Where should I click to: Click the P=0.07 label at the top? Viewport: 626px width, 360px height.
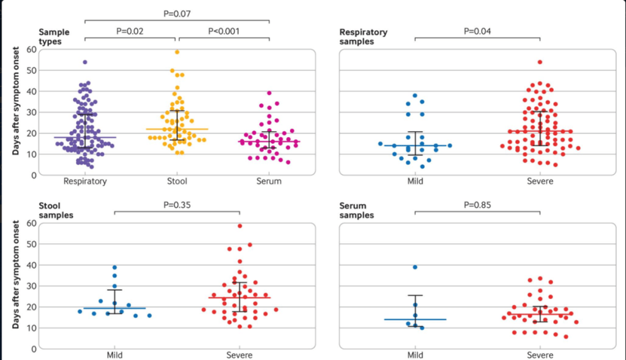pyautogui.click(x=177, y=12)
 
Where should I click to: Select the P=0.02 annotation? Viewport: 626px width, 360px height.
pyautogui.click(x=130, y=31)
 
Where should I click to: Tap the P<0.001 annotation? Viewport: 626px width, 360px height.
pyautogui.click(x=224, y=31)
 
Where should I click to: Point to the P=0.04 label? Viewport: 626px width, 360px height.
pyautogui.click(x=477, y=31)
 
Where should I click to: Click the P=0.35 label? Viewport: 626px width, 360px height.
pyautogui.click(x=177, y=205)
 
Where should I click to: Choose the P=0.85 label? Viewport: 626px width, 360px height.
pyautogui.click(x=477, y=205)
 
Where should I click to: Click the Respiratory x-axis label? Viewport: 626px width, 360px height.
pyautogui.click(x=85, y=181)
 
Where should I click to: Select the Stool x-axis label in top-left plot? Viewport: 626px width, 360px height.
pyautogui.click(x=177, y=181)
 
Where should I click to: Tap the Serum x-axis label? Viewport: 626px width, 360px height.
pyautogui.click(x=269, y=181)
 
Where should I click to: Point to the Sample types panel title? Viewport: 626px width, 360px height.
pyautogui.click(x=54, y=36)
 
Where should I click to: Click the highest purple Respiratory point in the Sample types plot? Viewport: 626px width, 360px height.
pyautogui.click(x=85, y=62)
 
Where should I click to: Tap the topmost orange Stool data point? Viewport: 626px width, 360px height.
pyautogui.click(x=177, y=52)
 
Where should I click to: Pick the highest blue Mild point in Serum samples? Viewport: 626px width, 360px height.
pyautogui.click(x=415, y=267)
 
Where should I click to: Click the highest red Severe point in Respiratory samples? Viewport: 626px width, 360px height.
pyautogui.click(x=540, y=62)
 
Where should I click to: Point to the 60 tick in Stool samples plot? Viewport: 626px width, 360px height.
pyautogui.click(x=29, y=223)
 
